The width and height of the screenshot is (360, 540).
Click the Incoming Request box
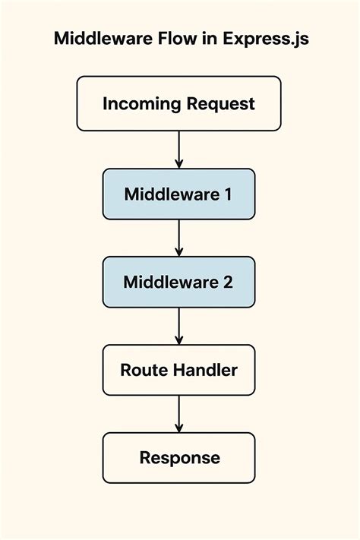179,103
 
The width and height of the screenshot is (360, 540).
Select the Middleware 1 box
179,194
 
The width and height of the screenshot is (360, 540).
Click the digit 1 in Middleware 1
227,194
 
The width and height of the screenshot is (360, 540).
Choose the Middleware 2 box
179,282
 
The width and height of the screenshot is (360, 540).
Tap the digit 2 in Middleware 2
228,282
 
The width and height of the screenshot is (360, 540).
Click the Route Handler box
179,370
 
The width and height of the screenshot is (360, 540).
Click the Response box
179,458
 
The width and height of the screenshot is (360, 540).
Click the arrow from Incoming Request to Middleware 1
179,149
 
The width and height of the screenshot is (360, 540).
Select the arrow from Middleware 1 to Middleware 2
179,238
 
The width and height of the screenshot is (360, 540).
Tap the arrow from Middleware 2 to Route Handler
179,326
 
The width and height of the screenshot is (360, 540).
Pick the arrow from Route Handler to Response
179,414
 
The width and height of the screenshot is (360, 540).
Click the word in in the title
207,39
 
